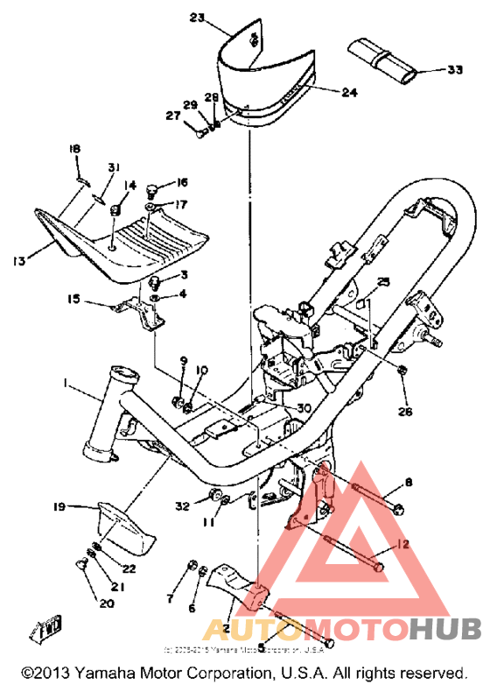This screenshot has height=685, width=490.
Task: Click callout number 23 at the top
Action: (x=195, y=18)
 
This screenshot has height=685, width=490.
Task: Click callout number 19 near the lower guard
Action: (x=59, y=506)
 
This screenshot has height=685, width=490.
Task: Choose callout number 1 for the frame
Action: (x=64, y=383)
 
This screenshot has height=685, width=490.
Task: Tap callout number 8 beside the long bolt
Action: (x=407, y=483)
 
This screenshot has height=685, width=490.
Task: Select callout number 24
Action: (x=325, y=91)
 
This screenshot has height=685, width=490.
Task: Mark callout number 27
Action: (x=173, y=115)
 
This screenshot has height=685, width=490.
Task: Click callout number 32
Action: (x=181, y=506)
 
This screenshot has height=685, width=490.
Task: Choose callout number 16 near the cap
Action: (x=182, y=182)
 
